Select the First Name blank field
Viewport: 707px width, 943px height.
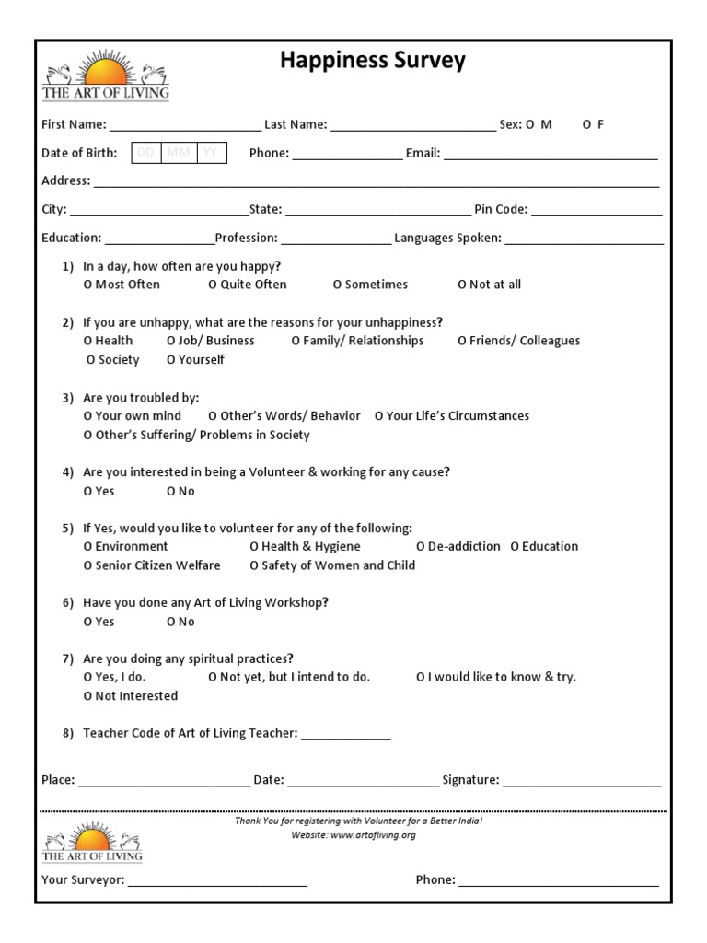[x=184, y=125]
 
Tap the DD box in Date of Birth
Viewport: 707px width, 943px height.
[x=146, y=153]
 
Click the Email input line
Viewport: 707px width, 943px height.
[x=551, y=154]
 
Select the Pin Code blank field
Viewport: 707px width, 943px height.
[x=597, y=210]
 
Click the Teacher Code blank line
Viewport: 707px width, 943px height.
[x=346, y=734]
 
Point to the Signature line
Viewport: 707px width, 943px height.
[x=582, y=781]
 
